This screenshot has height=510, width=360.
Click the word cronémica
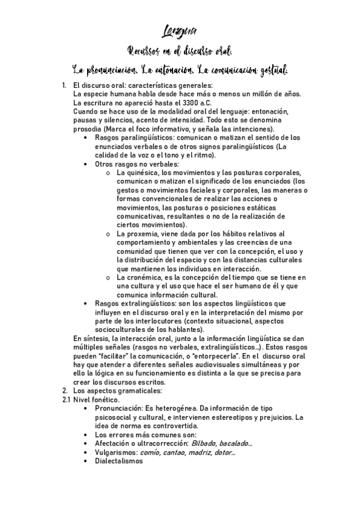[x=147, y=277]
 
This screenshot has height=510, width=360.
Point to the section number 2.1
[x=67, y=399]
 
